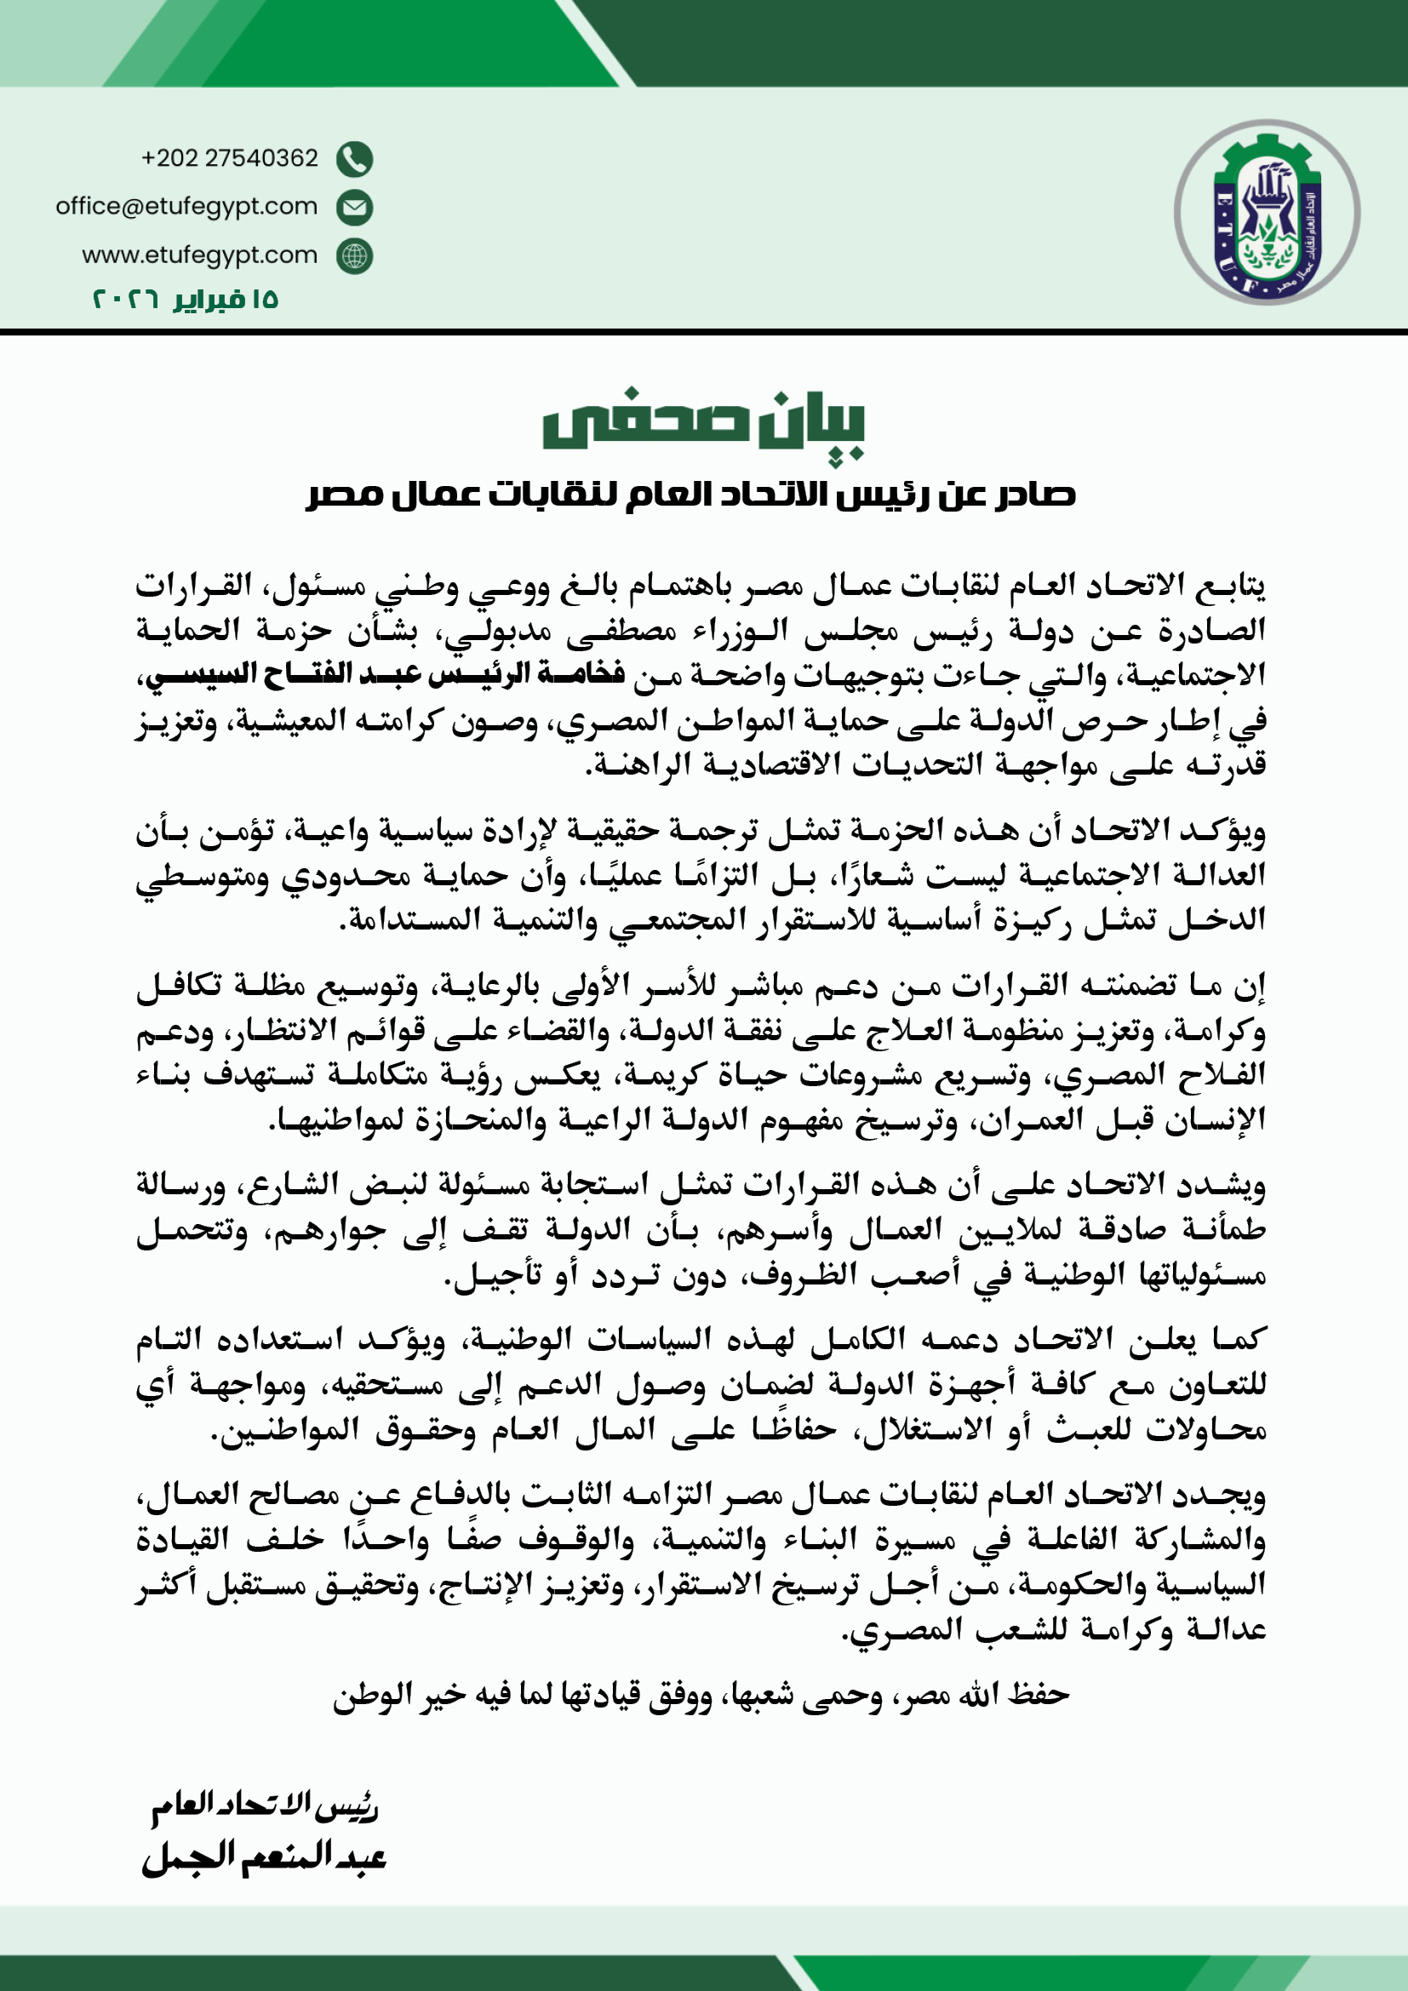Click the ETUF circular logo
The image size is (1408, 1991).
pyautogui.click(x=1267, y=213)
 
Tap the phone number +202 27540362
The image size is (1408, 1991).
pyautogui.click(x=230, y=157)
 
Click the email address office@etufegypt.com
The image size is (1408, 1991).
pyautogui.click(x=186, y=206)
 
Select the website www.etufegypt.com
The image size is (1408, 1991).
pyautogui.click(x=199, y=255)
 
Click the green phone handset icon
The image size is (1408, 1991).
pyautogui.click(x=355, y=158)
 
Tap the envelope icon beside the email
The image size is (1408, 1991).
pyautogui.click(x=355, y=207)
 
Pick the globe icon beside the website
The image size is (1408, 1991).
pyautogui.click(x=355, y=256)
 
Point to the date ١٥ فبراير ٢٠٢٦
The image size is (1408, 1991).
pyautogui.click(x=186, y=300)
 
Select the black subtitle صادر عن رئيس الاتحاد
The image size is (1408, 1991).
pyautogui.click(x=691, y=495)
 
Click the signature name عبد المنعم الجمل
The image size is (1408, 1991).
pyautogui.click(x=264, y=1857)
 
